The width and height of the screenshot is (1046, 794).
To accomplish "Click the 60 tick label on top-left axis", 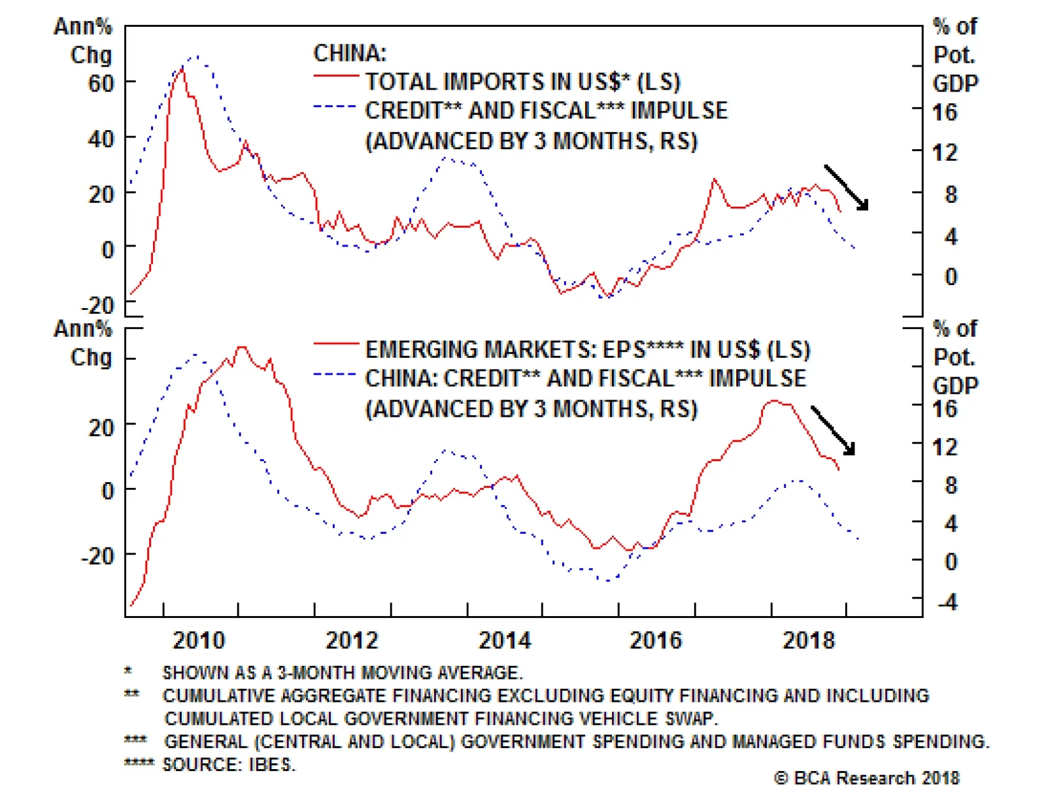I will [x=101, y=83].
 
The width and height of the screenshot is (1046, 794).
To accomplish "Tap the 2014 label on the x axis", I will [x=504, y=640].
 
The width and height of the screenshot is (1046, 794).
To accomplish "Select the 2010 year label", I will [x=199, y=640].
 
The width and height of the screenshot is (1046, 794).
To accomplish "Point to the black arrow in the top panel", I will [x=846, y=187].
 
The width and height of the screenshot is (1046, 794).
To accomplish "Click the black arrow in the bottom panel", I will [x=833, y=430].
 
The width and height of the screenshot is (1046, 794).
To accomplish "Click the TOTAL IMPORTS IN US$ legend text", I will [x=522, y=82].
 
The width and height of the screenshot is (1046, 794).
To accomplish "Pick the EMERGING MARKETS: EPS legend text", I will [x=587, y=350].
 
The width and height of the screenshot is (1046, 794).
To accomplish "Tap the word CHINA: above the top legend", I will [x=350, y=53].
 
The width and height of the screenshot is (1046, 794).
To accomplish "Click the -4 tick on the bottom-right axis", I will [x=947, y=602].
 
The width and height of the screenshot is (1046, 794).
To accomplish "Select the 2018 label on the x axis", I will [x=809, y=640].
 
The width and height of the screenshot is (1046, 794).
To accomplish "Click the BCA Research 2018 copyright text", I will [x=867, y=778].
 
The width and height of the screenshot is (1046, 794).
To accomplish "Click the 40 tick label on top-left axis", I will [x=101, y=139].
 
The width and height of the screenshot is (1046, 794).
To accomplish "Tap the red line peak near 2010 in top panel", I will [x=182, y=69].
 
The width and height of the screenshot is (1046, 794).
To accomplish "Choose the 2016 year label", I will [x=656, y=640].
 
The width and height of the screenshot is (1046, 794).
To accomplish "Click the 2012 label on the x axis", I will [x=352, y=640].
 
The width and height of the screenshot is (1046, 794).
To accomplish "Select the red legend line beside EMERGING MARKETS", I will [x=336, y=343].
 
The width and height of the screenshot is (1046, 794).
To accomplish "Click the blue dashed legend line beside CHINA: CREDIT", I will [x=336, y=374].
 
